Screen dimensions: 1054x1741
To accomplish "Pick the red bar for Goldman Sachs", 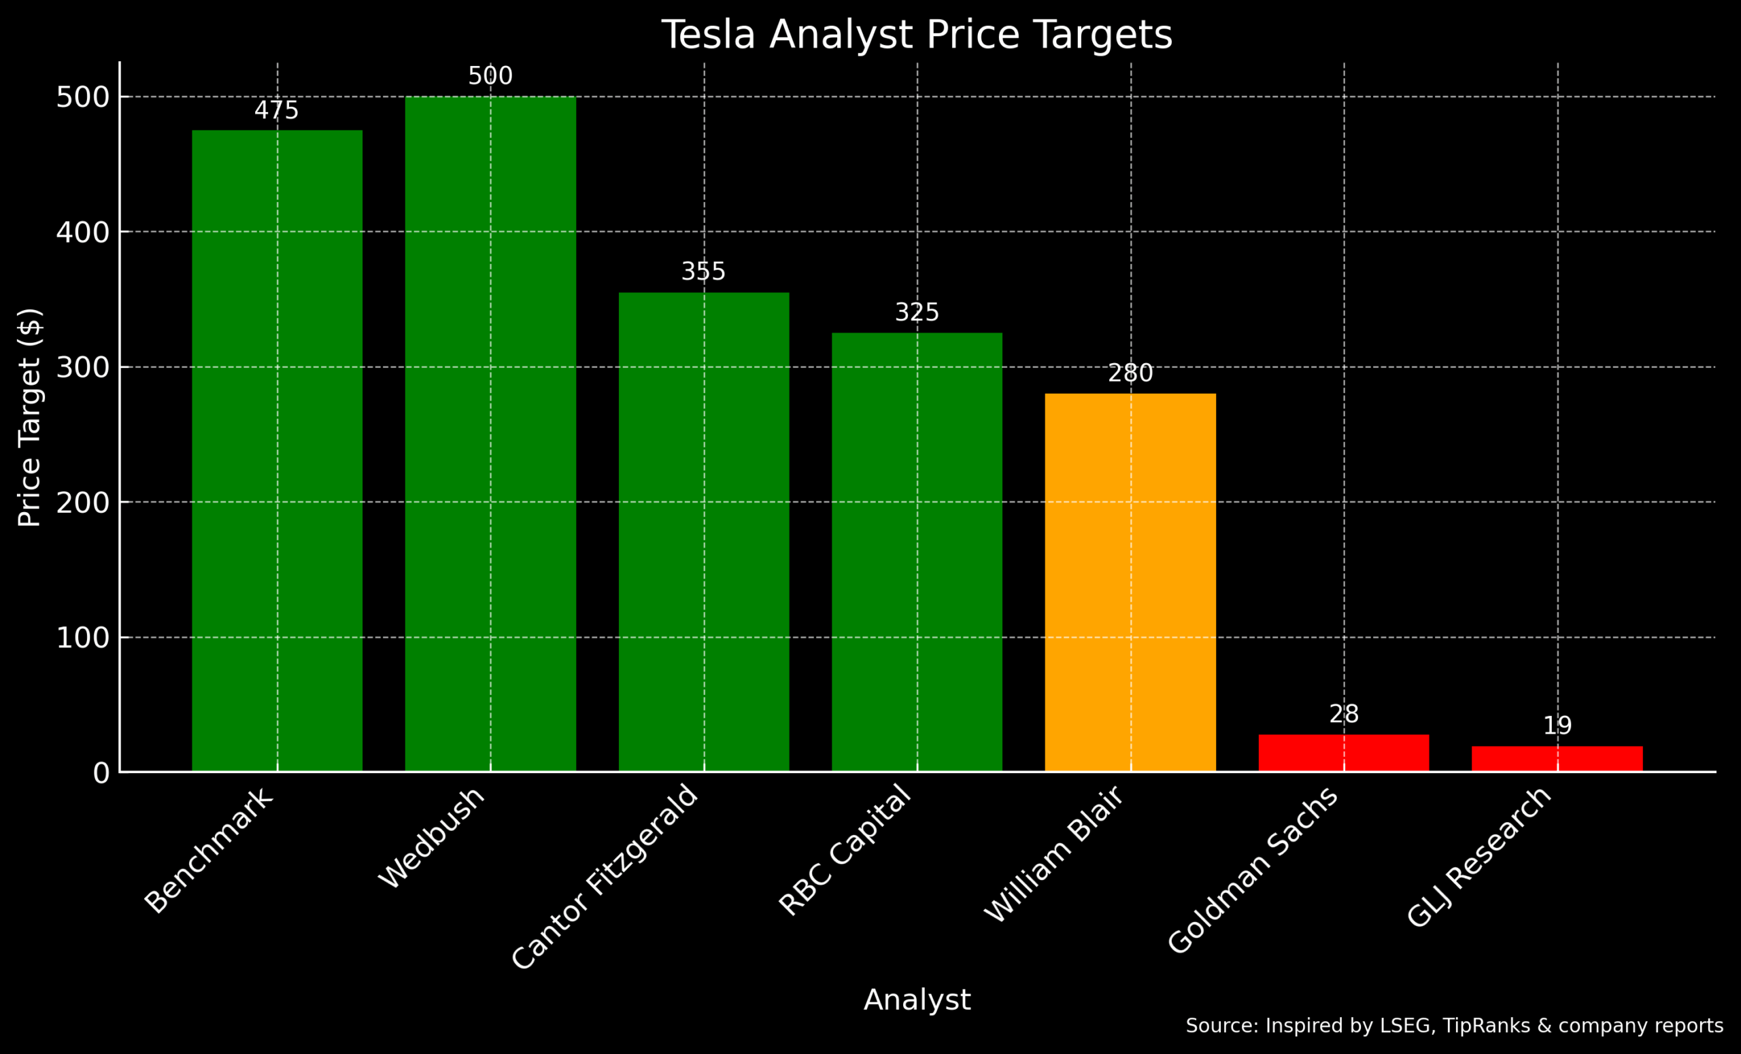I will tap(1343, 752).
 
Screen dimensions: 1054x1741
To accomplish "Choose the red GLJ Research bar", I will tap(1557, 758).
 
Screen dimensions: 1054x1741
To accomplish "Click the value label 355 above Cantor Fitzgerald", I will tap(703, 271).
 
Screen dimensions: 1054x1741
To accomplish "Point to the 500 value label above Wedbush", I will tap(490, 75).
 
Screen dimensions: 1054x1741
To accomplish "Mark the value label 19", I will tap(1557, 726).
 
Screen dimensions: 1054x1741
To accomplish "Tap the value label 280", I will tap(1130, 373).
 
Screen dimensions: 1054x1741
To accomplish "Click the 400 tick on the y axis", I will tap(83, 233).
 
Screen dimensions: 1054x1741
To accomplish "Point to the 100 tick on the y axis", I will tap(83, 638).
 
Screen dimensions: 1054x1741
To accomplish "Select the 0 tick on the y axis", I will tap(101, 773).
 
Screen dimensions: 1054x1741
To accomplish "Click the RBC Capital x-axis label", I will tap(845, 851).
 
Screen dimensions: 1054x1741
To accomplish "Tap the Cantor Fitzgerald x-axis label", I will tap(605, 877).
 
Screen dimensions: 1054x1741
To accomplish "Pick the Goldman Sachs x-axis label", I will tap(1252, 870).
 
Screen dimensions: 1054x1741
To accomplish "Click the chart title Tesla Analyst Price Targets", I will tap(917, 35).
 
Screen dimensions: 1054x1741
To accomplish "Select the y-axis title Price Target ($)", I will tap(30, 418).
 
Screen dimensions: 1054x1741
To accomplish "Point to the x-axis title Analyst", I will tap(917, 1000).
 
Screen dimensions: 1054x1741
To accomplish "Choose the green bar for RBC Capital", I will tap(917, 551).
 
